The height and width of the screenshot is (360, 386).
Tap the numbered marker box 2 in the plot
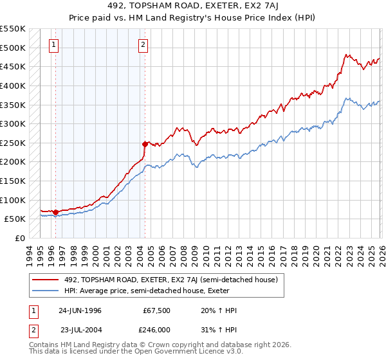[142, 44]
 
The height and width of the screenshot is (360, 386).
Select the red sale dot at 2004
[145, 144]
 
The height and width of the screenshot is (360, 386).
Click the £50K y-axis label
[15, 219]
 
